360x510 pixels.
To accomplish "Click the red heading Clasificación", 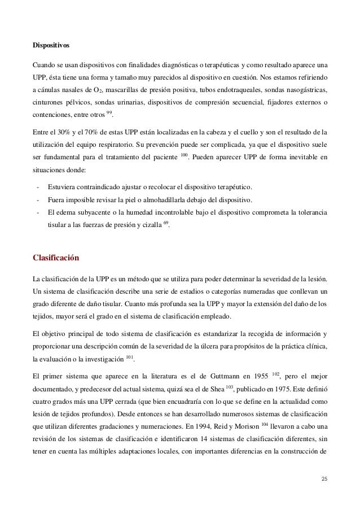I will point(56,259).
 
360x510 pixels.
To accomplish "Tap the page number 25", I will point(323,480).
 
